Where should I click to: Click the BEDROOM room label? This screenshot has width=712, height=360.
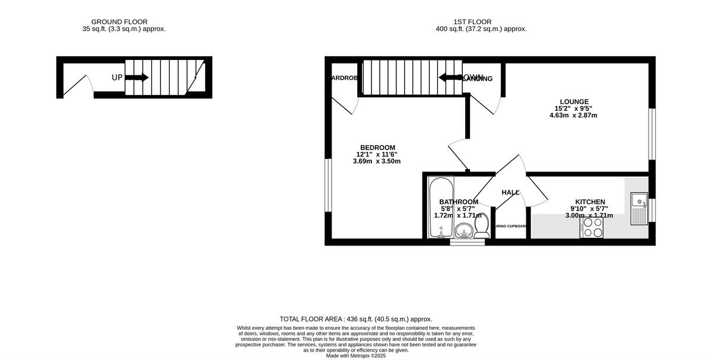pyautogui.click(x=377, y=148)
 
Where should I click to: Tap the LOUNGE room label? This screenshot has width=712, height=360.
pyautogui.click(x=573, y=101)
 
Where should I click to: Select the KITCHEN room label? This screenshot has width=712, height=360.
pyautogui.click(x=590, y=202)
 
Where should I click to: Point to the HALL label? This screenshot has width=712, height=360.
pyautogui.click(x=510, y=193)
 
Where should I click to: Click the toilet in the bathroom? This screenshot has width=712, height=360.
pyautogui.click(x=482, y=227)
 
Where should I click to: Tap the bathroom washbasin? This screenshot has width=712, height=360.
pyautogui.click(x=463, y=230)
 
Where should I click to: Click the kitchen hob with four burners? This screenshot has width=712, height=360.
pyautogui.click(x=592, y=227)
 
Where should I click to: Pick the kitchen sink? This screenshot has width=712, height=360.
pyautogui.click(x=639, y=209)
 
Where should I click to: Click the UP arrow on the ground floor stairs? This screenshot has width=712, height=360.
pyautogui.click(x=137, y=78)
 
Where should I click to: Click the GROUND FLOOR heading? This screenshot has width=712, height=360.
pyautogui.click(x=123, y=22)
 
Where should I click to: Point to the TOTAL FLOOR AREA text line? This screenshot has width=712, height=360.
pyautogui.click(x=356, y=318)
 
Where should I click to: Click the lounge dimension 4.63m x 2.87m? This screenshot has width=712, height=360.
pyautogui.click(x=573, y=116)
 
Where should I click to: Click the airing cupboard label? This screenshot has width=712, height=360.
pyautogui.click(x=511, y=226)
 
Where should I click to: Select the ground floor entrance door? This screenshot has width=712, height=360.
pyautogui.click(x=76, y=86)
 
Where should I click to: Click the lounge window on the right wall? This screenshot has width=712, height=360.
pyautogui.click(x=651, y=134)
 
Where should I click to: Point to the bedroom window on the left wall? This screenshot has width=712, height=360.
pyautogui.click(x=328, y=185)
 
